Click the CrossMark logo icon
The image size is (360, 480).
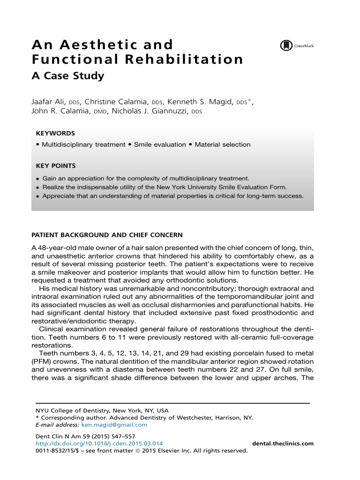pyautogui.click(x=285, y=45)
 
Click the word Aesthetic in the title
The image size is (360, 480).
pyautogui.click(x=97, y=45)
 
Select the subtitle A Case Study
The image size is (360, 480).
pyautogui.click(x=67, y=76)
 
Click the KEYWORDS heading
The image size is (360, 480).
pyautogui.click(x=55, y=133)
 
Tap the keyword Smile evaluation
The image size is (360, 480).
pyautogui.click(x=160, y=145)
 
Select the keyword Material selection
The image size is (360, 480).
pyautogui.click(x=222, y=145)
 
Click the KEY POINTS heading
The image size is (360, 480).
pyautogui.click(x=56, y=165)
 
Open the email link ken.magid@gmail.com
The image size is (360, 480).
pyautogui.click(x=114, y=425)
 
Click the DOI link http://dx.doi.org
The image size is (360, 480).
pyautogui.click(x=99, y=443)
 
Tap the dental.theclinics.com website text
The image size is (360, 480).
pyautogui.click(x=283, y=443)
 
